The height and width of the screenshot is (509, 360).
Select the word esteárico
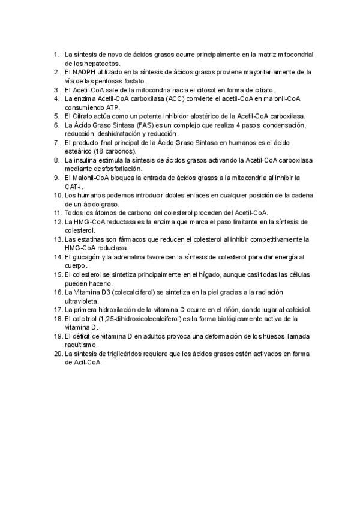(x=79, y=151)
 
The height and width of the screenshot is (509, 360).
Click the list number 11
(x=58, y=213)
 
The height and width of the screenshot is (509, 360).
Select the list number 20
(x=58, y=354)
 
